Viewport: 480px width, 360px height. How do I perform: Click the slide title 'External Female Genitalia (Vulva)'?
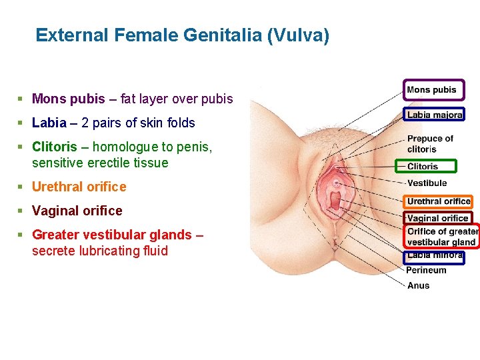(182, 35)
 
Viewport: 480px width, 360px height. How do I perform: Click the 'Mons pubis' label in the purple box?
(431, 90)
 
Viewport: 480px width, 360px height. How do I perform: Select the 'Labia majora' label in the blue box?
(434, 115)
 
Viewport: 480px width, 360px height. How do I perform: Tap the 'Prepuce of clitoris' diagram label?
(430, 144)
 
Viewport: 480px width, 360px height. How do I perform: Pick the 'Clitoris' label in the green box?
(423, 167)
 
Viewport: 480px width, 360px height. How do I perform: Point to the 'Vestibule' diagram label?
(427, 183)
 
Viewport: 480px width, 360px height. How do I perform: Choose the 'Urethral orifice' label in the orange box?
(439, 201)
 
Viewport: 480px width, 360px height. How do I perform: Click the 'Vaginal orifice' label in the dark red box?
(437, 218)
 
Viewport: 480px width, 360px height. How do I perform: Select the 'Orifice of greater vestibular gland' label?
(442, 237)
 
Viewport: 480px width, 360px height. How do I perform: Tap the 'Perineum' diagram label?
(426, 270)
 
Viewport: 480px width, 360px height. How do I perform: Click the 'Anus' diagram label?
(418, 285)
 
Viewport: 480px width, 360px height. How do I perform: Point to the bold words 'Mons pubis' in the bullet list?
(69, 99)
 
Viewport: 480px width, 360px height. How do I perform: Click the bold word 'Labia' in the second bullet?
(49, 123)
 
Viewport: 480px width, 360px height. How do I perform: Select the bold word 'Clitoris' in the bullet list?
(55, 147)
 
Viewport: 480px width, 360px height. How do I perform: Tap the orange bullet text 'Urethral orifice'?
(79, 187)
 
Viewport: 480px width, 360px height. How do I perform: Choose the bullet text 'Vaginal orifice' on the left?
(77, 211)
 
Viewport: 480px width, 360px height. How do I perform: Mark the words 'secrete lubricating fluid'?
(100, 251)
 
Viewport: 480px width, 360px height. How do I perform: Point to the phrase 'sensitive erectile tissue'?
(100, 163)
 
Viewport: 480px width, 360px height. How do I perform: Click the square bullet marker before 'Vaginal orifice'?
(21, 211)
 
